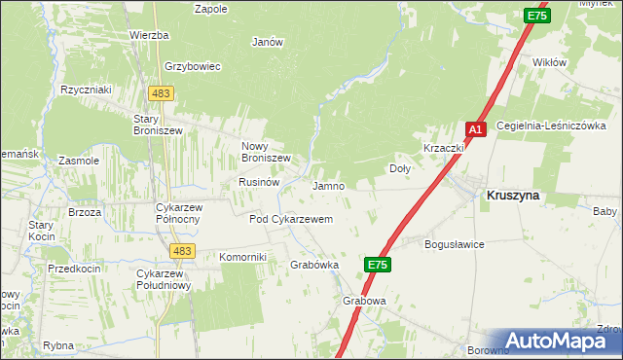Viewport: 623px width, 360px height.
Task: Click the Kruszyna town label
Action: [512, 195]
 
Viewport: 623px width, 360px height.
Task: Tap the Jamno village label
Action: [328, 186]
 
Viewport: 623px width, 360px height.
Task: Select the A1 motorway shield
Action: [474, 129]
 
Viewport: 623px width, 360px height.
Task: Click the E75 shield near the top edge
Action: [535, 16]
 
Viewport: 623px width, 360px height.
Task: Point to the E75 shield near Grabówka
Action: [379, 265]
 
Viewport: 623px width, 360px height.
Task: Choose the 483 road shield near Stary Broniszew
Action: [161, 92]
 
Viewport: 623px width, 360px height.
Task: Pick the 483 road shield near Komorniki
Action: [180, 251]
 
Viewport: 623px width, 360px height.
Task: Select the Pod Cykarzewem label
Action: [291, 220]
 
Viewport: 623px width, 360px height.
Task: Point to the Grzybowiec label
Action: [194, 67]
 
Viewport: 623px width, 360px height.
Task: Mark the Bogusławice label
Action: [455, 245]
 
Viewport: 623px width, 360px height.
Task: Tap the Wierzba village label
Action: [149, 35]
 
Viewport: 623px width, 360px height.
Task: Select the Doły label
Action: [400, 168]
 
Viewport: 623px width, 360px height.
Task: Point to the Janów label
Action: [267, 42]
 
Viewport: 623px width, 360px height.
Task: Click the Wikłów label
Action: [549, 62]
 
